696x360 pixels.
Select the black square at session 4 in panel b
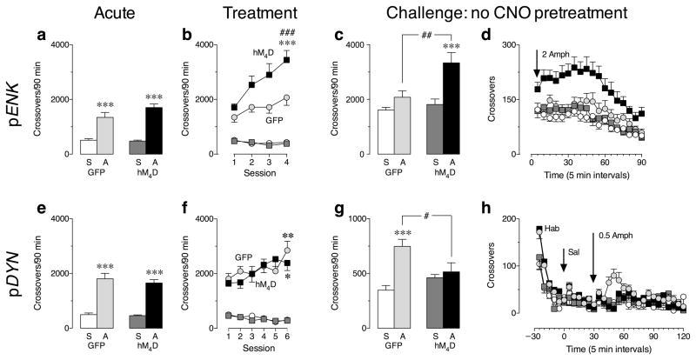310,59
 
